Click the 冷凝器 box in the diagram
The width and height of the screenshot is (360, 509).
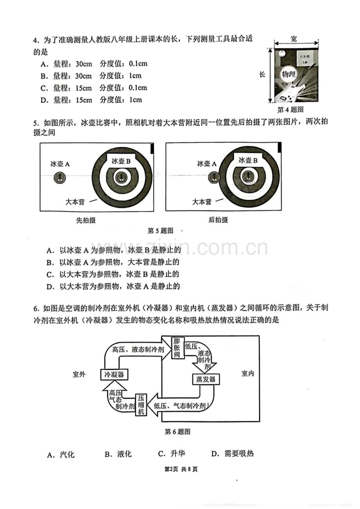click(x=114, y=375)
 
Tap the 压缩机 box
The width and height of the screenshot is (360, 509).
click(x=141, y=404)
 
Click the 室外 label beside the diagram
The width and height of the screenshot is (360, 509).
click(x=79, y=374)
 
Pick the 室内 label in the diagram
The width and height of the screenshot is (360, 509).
click(x=247, y=374)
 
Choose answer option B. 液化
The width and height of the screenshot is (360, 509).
click(x=118, y=454)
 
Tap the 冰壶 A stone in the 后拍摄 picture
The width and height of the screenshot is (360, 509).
click(x=214, y=178)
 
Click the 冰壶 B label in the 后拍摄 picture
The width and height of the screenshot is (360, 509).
click(x=248, y=160)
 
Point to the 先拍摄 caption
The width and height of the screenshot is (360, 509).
click(x=86, y=220)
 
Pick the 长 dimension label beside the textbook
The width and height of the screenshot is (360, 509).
click(x=262, y=75)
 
